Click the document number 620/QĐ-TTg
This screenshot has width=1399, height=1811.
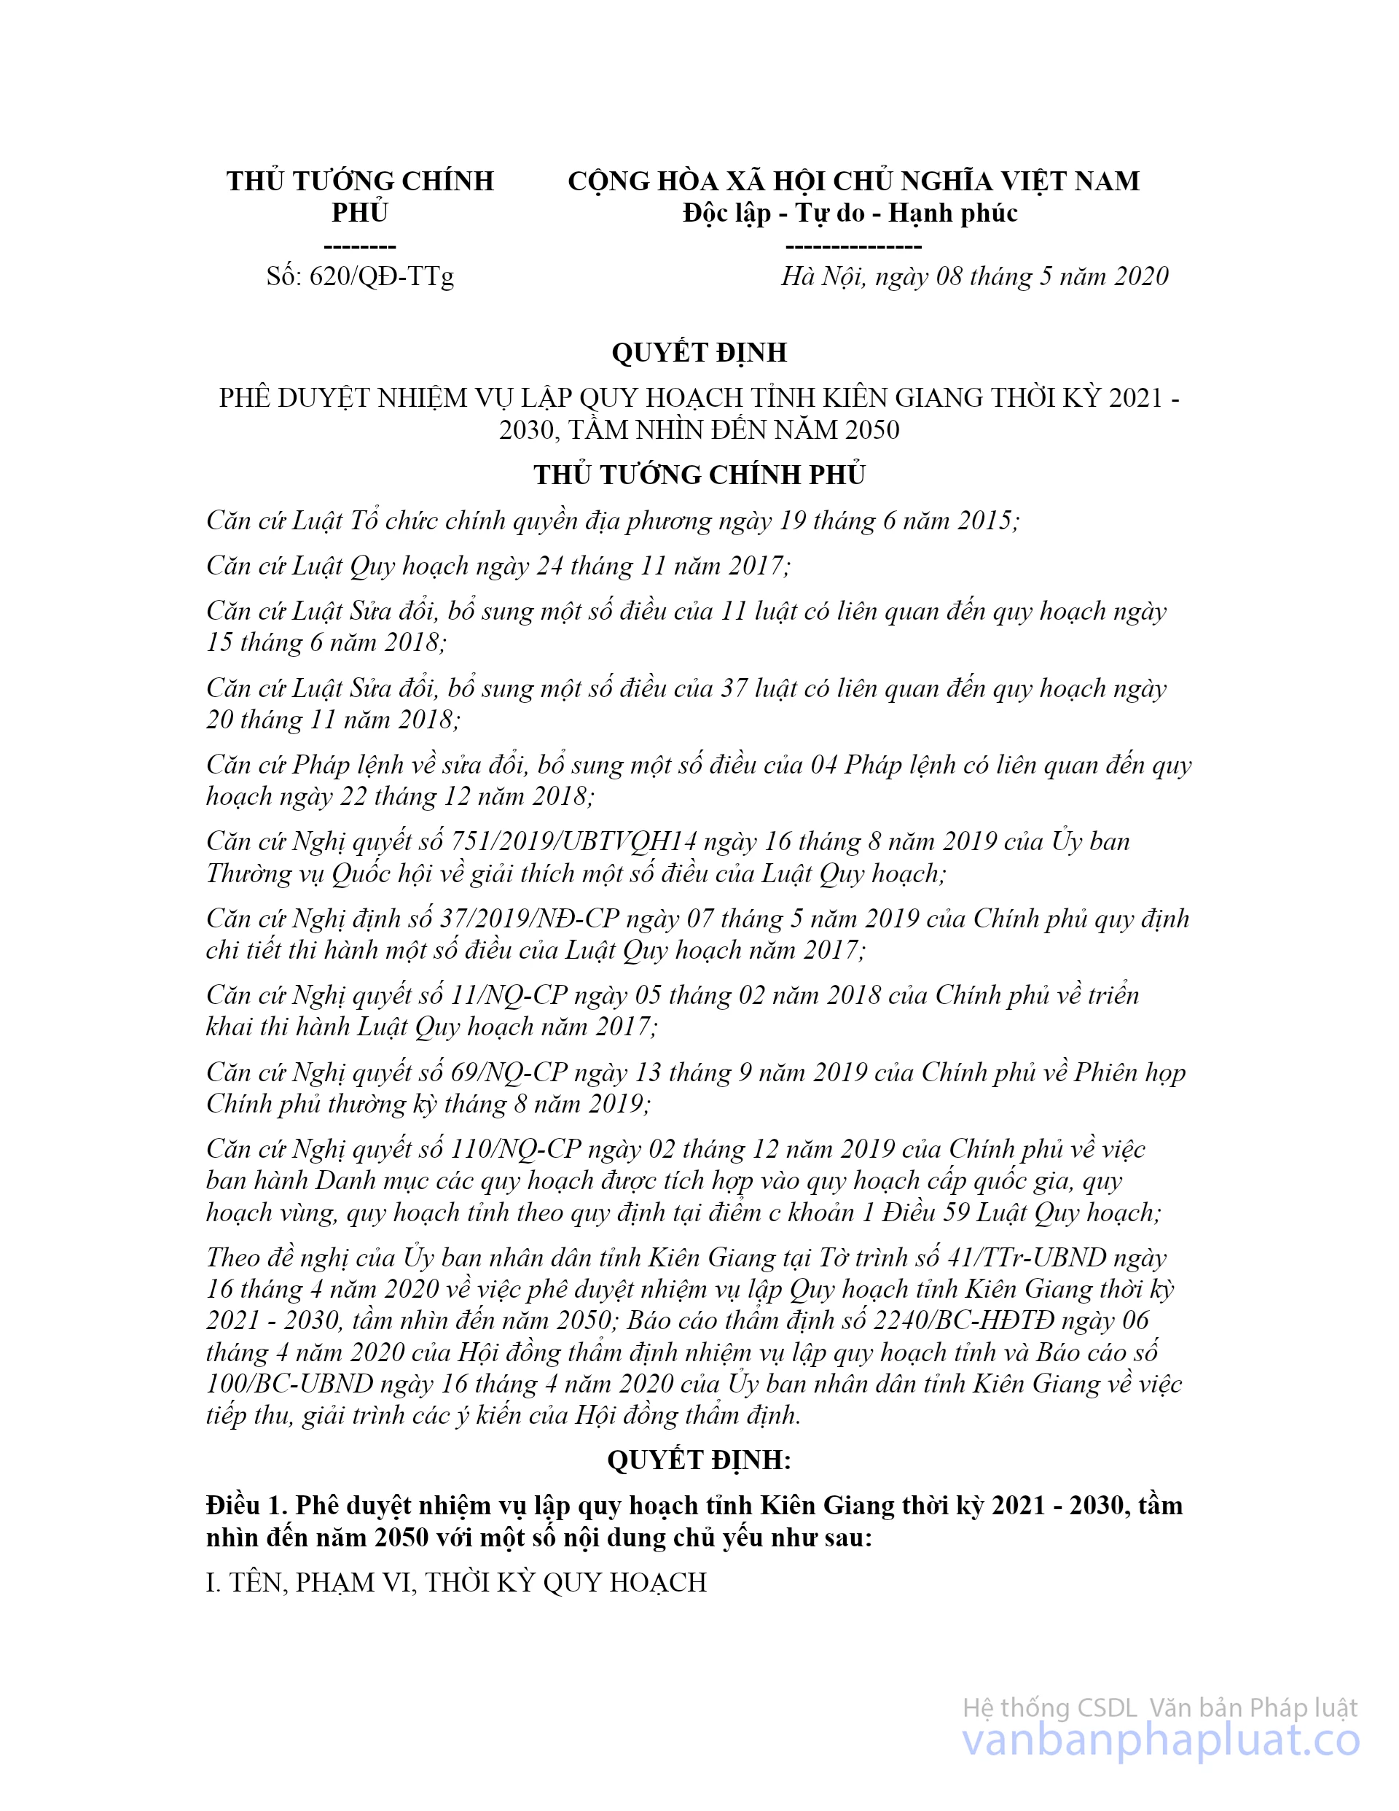pyautogui.click(x=381, y=277)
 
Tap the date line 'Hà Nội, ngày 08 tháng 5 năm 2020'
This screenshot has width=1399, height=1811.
pyautogui.click(x=973, y=277)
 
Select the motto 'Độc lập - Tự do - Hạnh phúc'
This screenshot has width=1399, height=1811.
pyautogui.click(x=850, y=214)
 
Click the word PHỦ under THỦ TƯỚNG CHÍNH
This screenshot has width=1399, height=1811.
pyautogui.click(x=360, y=214)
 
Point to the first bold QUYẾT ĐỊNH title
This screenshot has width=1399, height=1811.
pyautogui.click(x=699, y=352)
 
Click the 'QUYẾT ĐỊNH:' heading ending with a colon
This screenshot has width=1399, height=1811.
pyautogui.click(x=699, y=1460)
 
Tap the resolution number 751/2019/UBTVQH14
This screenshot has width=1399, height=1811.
pyautogui.click(x=573, y=841)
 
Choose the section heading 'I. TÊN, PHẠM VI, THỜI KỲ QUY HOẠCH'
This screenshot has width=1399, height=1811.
pyautogui.click(x=456, y=1582)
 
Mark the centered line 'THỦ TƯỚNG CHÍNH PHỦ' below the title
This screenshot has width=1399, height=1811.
pyautogui.click(x=699, y=475)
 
